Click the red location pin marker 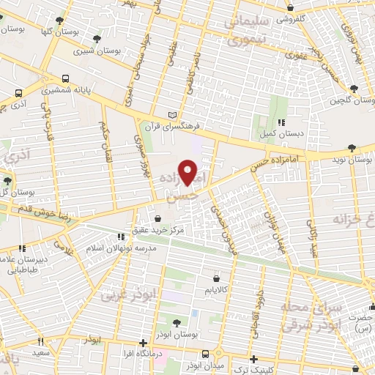[x=188, y=173]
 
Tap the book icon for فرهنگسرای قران [x=173, y=115]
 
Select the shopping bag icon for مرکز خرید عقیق [x=159, y=218]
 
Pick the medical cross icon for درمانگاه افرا [x=144, y=342]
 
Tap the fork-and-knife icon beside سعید [x=40, y=341]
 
